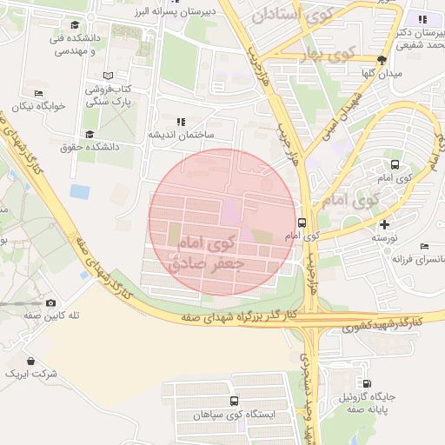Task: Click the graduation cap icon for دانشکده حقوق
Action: coord(90,135)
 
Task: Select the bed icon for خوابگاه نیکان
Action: coord(37,93)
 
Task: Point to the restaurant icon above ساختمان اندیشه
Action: coord(181,122)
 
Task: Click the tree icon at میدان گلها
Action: coord(382,60)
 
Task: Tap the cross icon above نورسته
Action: coord(385,224)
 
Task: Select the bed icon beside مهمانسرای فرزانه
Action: coord(424,247)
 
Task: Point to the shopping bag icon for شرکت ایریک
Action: coord(31,361)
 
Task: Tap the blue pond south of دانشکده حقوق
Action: coord(79,190)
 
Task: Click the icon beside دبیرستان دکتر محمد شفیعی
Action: coord(423,19)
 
